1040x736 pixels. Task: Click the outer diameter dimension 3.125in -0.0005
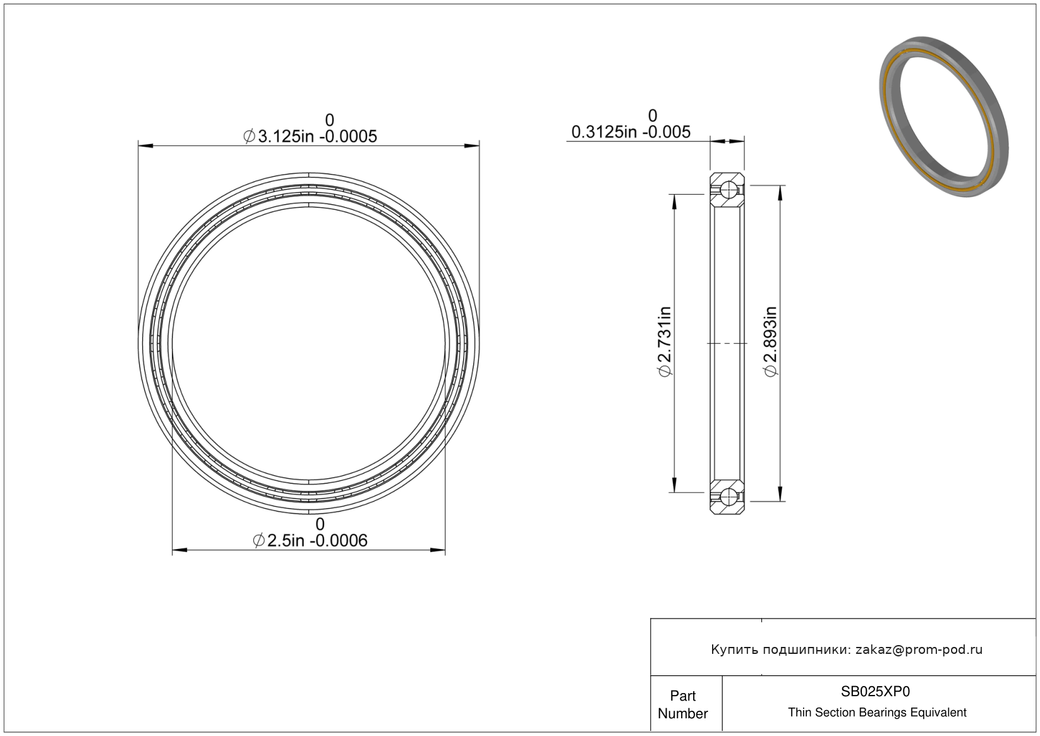[310, 136]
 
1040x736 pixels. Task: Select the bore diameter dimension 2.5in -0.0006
[310, 541]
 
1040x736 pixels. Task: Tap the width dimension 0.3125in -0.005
[631, 132]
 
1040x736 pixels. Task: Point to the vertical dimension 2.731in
[665, 342]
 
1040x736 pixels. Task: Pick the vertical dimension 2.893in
[770, 342]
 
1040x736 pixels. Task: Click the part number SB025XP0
[875, 692]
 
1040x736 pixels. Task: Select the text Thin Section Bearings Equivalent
[877, 713]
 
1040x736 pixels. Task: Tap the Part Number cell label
[683, 704]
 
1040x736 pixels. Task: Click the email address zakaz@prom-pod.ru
[919, 649]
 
